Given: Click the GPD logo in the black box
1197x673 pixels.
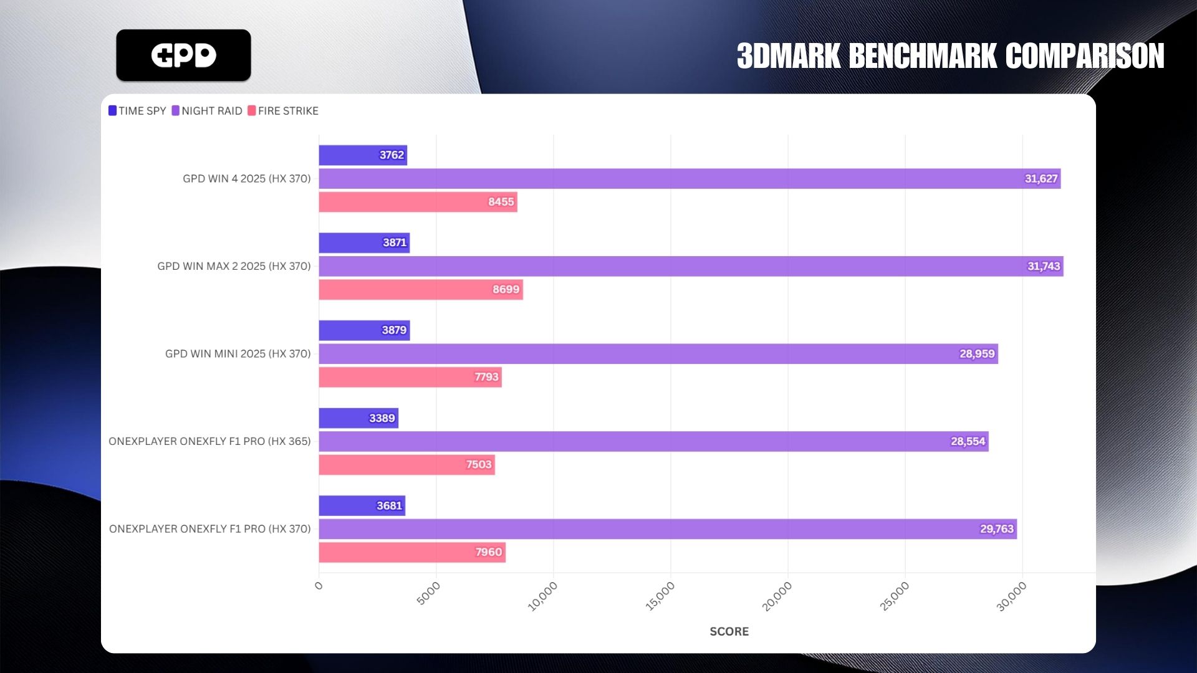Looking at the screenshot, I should [183, 55].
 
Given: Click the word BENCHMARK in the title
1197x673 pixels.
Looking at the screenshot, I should [923, 56].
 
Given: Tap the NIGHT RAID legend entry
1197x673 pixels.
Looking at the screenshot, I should [207, 111].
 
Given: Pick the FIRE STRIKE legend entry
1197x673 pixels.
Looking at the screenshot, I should [283, 111].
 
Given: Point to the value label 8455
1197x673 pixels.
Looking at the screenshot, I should [501, 202].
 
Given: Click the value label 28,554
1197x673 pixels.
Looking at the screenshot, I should [968, 441].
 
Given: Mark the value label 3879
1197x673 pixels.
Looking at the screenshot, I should [394, 330].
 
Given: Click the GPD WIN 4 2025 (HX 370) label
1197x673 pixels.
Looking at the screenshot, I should [246, 179].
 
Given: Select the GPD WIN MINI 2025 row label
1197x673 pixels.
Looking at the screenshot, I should [238, 354].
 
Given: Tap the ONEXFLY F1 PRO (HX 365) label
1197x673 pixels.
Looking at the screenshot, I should [209, 441].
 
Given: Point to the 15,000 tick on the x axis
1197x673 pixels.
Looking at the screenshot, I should [660, 596].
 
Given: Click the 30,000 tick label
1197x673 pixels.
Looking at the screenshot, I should [1011, 596].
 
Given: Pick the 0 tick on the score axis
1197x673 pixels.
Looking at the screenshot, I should [319, 586].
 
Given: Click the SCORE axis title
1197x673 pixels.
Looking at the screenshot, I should [729, 631].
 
